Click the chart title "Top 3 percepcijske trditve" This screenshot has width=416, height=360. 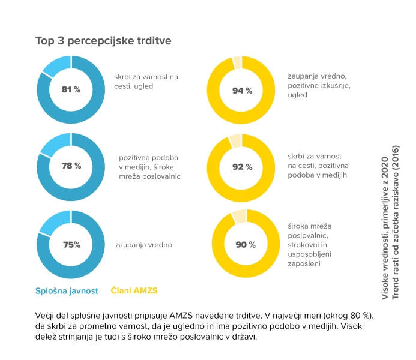(104, 41)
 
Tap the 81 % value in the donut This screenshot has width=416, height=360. (71, 89)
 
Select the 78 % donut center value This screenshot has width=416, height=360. (71, 166)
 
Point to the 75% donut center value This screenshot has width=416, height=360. (71, 244)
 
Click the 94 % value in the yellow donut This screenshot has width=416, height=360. (243, 90)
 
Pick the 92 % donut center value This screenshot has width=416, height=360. (243, 167)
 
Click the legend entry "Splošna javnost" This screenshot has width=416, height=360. (66, 291)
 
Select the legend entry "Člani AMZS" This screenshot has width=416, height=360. (134, 291)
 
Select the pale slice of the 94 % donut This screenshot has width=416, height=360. (237, 61)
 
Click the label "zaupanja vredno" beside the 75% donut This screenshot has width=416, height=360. (144, 245)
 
